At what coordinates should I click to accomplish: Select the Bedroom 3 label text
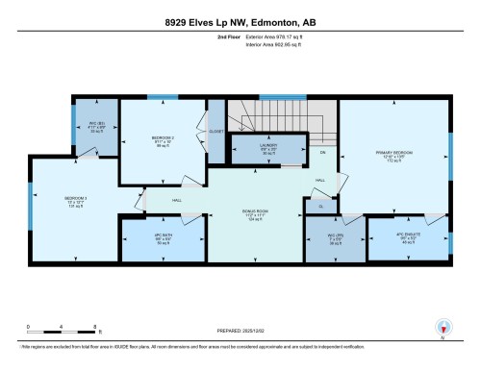tap(76, 200)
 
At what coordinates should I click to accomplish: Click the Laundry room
tap(268, 150)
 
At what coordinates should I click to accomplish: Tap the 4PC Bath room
tap(162, 239)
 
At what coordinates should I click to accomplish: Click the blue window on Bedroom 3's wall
tap(32, 210)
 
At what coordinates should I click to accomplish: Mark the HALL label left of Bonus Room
tap(177, 200)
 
